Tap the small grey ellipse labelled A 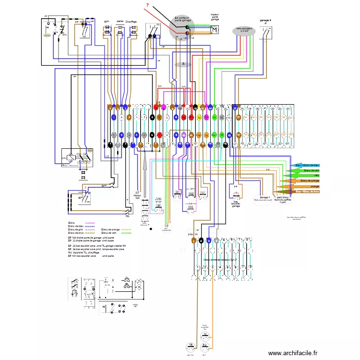[182, 64]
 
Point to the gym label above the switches [107, 22]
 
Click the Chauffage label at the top [131, 22]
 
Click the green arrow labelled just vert [303, 176]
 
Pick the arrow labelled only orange [307, 186]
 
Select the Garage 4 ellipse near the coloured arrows [265, 198]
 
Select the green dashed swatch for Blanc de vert [126, 233]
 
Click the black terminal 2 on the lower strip [202, 241]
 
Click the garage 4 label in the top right [265, 21]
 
